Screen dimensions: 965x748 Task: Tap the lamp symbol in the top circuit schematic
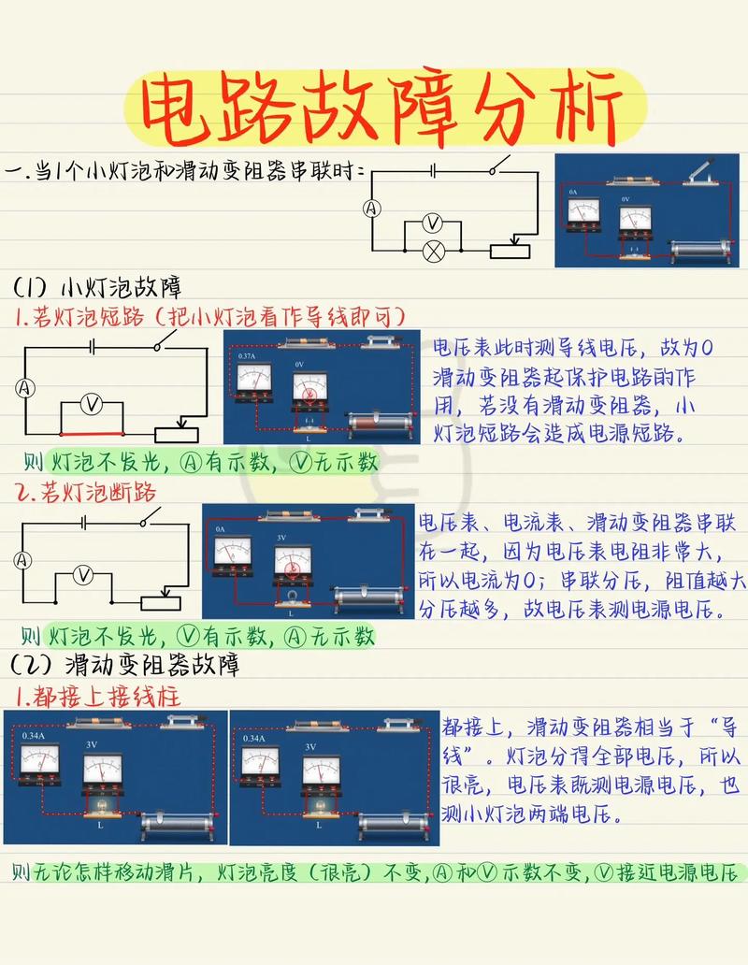pyautogui.click(x=432, y=251)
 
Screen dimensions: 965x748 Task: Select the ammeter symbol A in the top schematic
pyautogui.click(x=371, y=209)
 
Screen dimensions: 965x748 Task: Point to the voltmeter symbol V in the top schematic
pyautogui.click(x=432, y=223)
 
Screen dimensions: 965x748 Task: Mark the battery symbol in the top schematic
pyautogui.click(x=434, y=170)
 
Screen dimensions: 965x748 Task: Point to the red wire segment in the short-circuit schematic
pyautogui.click(x=91, y=434)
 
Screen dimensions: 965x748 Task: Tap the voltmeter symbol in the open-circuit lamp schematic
pyautogui.click(x=83, y=574)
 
